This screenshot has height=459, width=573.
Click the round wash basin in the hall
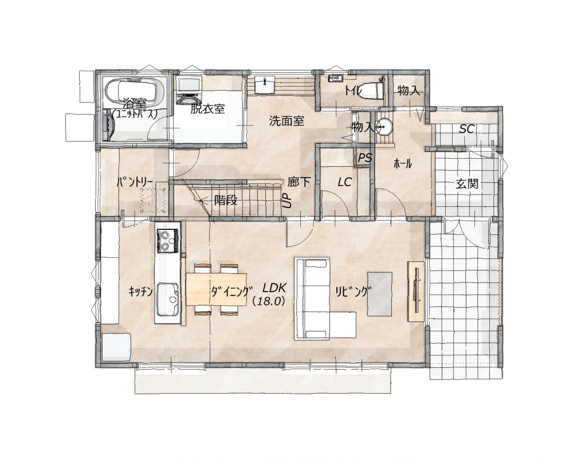[383, 127]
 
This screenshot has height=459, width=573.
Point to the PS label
[364, 158]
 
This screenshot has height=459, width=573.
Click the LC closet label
[344, 182]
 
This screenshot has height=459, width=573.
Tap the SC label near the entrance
[466, 128]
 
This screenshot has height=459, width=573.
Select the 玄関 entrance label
[467, 183]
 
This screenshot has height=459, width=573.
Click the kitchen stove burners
[168, 241]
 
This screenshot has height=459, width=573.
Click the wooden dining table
[216, 289]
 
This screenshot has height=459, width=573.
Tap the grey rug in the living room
[380, 294]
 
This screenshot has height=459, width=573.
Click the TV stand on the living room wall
[416, 291]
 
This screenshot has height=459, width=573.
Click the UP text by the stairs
[287, 200]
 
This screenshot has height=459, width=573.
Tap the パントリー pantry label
[135, 182]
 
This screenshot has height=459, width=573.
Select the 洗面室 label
[286, 121]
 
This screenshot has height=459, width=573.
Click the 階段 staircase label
[226, 200]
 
